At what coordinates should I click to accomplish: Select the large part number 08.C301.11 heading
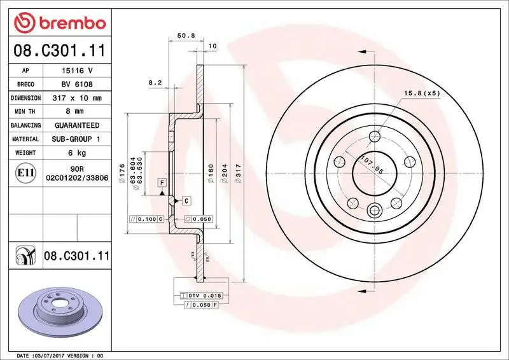click(x=59, y=50)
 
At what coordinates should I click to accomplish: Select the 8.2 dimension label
click(x=155, y=83)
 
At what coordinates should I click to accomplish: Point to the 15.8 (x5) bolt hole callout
click(x=422, y=93)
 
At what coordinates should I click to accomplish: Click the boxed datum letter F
click(x=162, y=183)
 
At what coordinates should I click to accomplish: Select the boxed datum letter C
click(x=186, y=201)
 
